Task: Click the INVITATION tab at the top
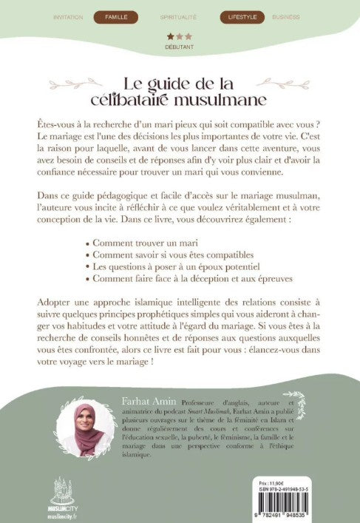[69, 15]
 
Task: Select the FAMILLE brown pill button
[116, 15]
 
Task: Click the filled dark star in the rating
[169, 35]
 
